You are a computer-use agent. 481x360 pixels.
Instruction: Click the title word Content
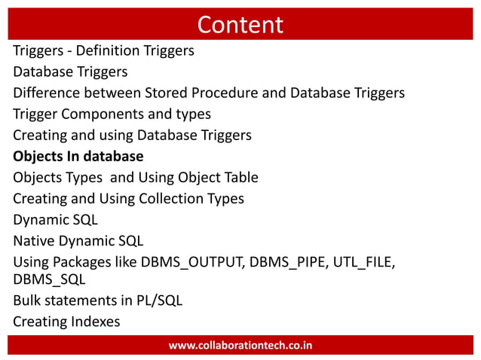240,25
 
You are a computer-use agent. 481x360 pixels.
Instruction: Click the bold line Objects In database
78,157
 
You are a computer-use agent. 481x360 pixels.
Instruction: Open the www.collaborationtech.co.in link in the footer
240,346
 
